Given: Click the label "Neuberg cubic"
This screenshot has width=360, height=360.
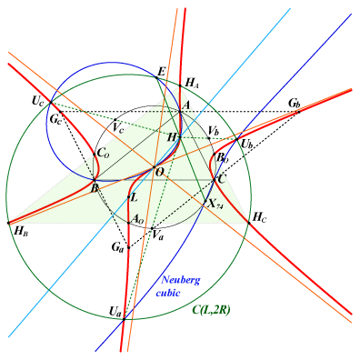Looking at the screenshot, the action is point(178,286).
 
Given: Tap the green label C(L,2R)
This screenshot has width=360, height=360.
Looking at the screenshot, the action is point(211,310).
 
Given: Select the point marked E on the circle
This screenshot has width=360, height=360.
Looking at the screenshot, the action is point(156,77).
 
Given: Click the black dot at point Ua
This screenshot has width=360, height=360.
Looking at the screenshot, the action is point(124,319).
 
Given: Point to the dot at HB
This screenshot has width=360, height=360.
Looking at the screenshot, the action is point(8,223).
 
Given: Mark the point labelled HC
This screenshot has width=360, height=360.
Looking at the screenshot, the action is point(249,223).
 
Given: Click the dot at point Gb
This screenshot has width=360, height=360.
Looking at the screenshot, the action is point(298,112).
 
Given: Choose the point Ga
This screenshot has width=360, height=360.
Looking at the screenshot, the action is point(128,247).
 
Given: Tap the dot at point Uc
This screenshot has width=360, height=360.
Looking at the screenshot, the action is point(50,103).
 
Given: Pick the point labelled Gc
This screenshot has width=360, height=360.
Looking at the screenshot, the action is point(61,112).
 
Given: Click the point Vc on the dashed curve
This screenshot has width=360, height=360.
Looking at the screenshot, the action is point(115,119).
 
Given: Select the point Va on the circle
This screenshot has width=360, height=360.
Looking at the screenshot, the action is point(153,228).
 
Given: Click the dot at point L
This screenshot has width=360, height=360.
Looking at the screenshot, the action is point(128,197).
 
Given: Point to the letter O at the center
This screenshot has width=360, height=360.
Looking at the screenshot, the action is point(159,172).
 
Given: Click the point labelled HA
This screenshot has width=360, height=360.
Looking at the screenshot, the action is point(180,85).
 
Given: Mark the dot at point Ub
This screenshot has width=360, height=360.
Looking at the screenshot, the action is point(237,139).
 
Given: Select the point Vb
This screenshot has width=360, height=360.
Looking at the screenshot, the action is point(209,138).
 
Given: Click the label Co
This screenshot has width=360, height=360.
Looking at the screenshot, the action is point(103,153).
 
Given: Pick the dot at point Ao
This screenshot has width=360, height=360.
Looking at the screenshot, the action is point(128,223).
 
